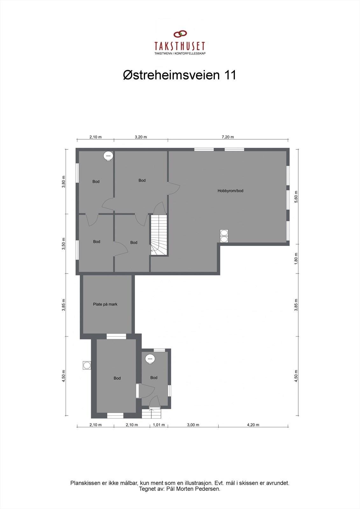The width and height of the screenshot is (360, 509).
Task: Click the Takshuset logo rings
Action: pos(180,34)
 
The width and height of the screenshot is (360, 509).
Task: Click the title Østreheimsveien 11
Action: pos(180,75)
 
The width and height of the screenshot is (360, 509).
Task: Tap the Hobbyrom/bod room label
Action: pos(230,191)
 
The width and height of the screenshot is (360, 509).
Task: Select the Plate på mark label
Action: pos(105,304)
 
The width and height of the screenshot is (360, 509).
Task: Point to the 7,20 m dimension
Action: pos(228,137)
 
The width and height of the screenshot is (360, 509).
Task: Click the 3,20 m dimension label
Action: pos(141,137)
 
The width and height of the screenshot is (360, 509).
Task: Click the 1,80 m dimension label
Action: pos(296,259)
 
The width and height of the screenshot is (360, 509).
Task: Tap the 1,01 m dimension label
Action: pos(159,425)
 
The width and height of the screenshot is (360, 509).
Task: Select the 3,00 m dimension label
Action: pos(193,425)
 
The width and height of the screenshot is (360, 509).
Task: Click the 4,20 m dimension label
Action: pos(253,425)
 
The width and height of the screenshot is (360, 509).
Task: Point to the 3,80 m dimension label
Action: pos(64,182)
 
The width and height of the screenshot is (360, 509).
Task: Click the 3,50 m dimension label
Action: pos(64,244)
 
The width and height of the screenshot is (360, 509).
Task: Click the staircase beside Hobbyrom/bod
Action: pos(159,235)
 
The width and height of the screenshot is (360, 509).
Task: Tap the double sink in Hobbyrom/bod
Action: pos(224,236)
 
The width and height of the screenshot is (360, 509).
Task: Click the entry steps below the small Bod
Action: pos(152,414)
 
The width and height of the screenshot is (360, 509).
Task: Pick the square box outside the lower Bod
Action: pos(87,365)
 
